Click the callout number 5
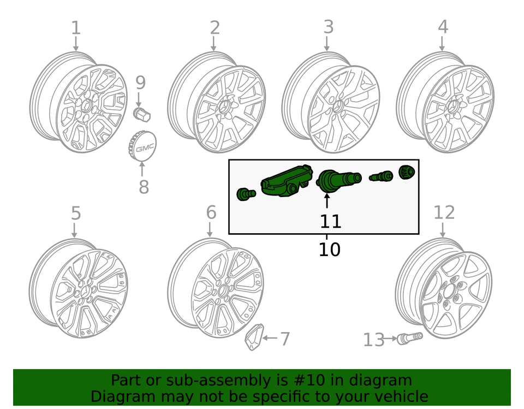(x=75, y=214)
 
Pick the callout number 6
(x=211, y=212)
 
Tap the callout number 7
(x=284, y=339)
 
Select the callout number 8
(x=144, y=187)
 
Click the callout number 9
(x=140, y=83)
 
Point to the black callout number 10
(x=329, y=250)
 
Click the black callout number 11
(x=330, y=221)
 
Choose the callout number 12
(x=444, y=212)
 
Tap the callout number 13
(x=374, y=340)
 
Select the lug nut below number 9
(x=142, y=115)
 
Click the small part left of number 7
(x=254, y=336)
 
